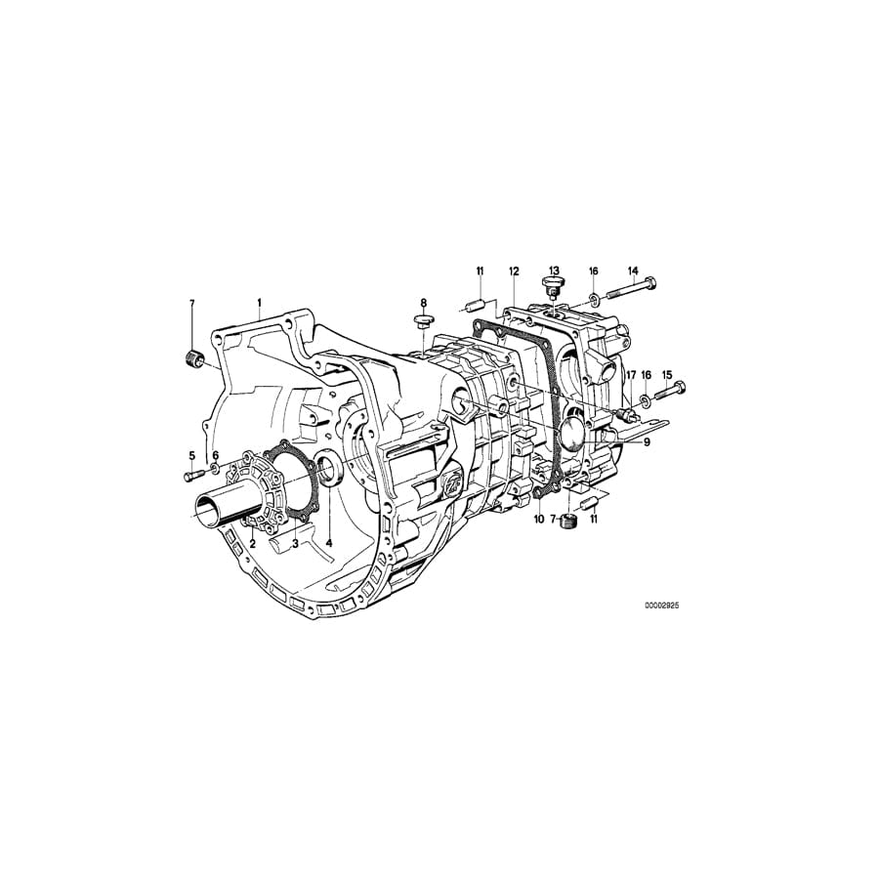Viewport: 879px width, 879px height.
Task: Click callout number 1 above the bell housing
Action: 260,304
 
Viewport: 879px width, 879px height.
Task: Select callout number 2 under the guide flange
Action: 252,543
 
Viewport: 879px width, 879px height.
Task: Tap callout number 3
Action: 294,543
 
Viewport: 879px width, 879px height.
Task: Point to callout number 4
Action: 329,543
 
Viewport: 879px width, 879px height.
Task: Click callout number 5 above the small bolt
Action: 191,455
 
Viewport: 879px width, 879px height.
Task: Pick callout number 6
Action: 216,455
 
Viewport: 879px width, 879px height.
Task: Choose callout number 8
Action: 424,304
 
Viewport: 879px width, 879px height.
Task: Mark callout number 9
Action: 646,440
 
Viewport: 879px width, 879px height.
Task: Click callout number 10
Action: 538,519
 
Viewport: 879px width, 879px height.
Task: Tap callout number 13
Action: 554,271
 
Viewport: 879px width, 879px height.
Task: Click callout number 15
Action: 668,375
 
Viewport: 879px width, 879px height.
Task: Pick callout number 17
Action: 631,375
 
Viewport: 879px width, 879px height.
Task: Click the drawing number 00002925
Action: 661,606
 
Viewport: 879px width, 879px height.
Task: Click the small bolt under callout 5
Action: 190,476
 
